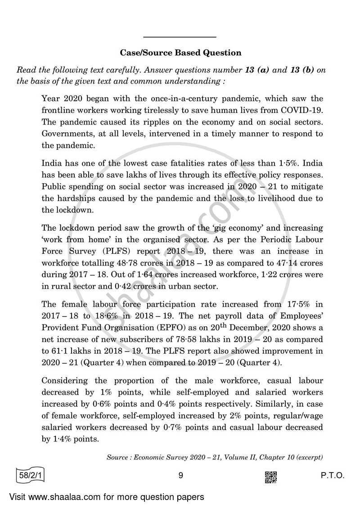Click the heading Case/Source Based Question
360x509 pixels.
click(180, 53)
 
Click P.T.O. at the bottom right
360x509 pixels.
click(331, 476)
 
